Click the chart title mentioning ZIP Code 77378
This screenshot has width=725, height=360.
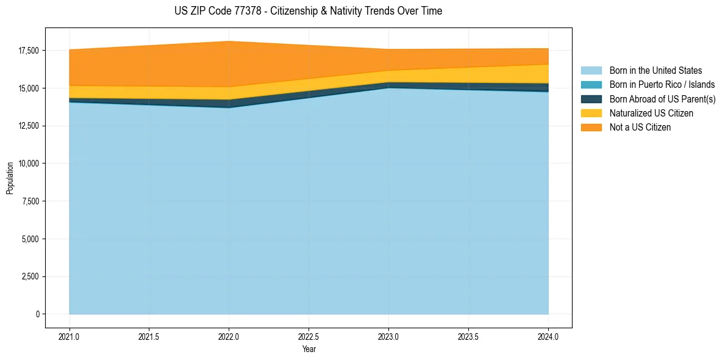click(308, 11)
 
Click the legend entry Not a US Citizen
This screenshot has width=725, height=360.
click(640, 127)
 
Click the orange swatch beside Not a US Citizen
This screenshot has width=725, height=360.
click(591, 127)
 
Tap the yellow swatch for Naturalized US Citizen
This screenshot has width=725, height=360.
click(591, 113)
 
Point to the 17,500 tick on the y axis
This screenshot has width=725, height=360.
click(29, 51)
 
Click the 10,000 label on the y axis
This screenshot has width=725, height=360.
click(29, 164)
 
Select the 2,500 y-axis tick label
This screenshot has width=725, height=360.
click(30, 276)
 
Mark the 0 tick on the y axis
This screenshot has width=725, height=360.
click(37, 314)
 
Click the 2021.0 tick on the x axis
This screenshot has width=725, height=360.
click(70, 336)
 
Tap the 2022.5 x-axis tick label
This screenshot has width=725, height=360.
click(309, 336)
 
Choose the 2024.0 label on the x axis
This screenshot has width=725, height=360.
click(548, 336)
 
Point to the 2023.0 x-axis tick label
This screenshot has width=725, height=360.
click(388, 336)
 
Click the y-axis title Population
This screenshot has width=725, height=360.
click(10, 178)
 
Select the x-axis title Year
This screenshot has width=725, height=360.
click(309, 349)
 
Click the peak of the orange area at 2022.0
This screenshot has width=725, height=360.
click(229, 41)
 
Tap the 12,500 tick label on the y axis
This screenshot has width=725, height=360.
click(29, 126)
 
